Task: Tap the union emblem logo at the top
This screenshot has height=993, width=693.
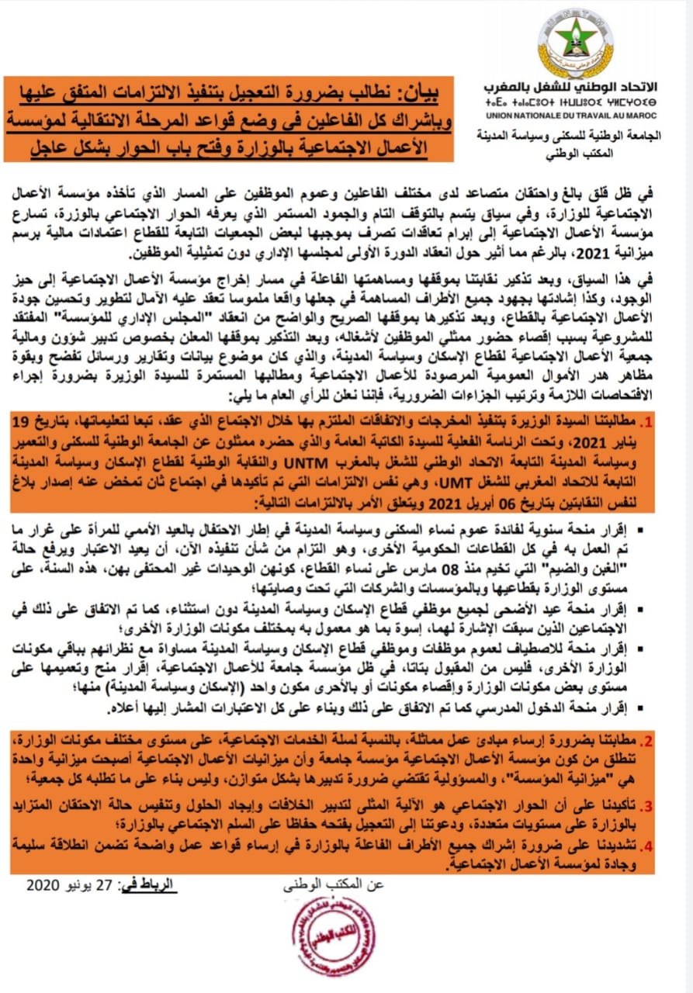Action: click(575, 43)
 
